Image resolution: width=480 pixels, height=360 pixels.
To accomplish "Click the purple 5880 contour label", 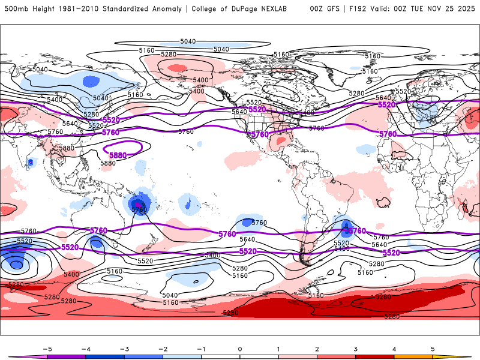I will (x=118, y=155).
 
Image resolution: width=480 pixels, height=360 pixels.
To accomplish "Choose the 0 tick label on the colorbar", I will (x=239, y=348).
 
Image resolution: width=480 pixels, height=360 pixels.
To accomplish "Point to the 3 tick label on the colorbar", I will (x=355, y=348).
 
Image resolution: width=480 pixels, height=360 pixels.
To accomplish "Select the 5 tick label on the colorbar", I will (x=432, y=348).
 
